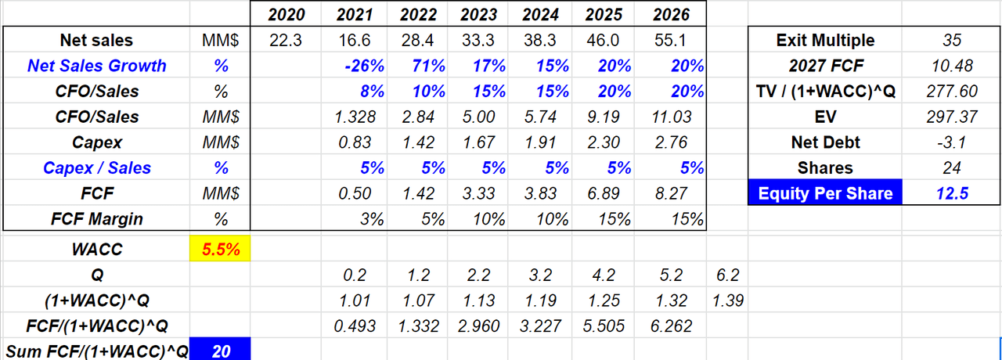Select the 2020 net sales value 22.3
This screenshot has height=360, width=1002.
point(284,40)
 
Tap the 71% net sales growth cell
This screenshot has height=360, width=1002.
point(418,66)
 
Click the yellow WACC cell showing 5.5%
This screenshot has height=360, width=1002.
point(220,250)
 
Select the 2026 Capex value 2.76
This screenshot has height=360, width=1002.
point(672,142)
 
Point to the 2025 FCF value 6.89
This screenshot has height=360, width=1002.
point(610,193)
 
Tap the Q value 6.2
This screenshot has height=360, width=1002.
point(728,275)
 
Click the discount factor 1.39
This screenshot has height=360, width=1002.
point(728,301)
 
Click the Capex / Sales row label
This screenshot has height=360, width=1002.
point(97,167)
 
